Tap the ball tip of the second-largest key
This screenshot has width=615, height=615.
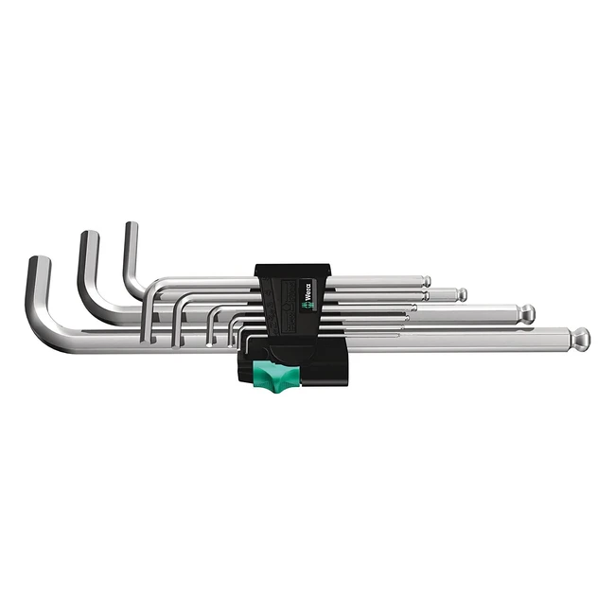tap(526, 313)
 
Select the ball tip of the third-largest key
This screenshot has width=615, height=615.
tap(461, 295)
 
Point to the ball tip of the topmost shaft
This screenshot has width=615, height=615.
tap(427, 281)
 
